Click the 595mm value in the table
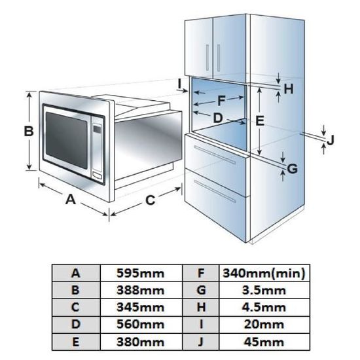140,273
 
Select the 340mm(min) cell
264,273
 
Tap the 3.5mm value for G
264,291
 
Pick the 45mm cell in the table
264,342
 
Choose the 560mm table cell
140,325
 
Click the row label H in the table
201,308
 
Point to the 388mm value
140,291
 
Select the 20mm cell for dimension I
264,325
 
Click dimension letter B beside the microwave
29,132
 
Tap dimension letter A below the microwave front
71,199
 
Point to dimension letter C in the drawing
151,200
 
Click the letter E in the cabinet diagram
260,121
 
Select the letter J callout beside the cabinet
330,140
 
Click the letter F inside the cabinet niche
221,101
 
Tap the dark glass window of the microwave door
67,140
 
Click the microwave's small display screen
97,129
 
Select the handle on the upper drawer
215,155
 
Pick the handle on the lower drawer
215,191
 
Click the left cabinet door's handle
207,58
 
